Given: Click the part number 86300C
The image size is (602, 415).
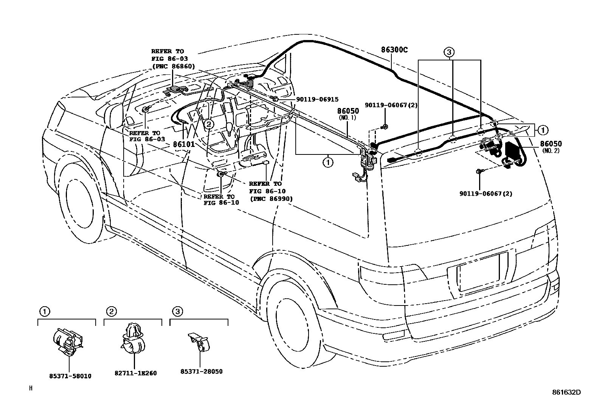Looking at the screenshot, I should click(x=394, y=50).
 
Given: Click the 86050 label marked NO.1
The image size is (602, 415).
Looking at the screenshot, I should click(x=348, y=111).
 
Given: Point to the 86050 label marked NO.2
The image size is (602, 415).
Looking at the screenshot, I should click(x=551, y=144).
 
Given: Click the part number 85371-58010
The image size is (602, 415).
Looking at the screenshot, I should click(x=70, y=376).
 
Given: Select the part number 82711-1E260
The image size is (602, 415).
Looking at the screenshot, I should click(x=135, y=373).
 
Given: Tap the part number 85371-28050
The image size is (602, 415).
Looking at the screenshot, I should click(x=201, y=371).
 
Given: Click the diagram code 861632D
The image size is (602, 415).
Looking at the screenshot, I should click(x=566, y=392).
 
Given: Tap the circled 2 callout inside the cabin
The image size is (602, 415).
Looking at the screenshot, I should click(x=209, y=123).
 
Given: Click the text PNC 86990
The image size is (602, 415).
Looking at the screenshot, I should click(x=271, y=199).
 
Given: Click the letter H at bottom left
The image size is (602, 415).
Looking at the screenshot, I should click(x=31, y=388).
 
